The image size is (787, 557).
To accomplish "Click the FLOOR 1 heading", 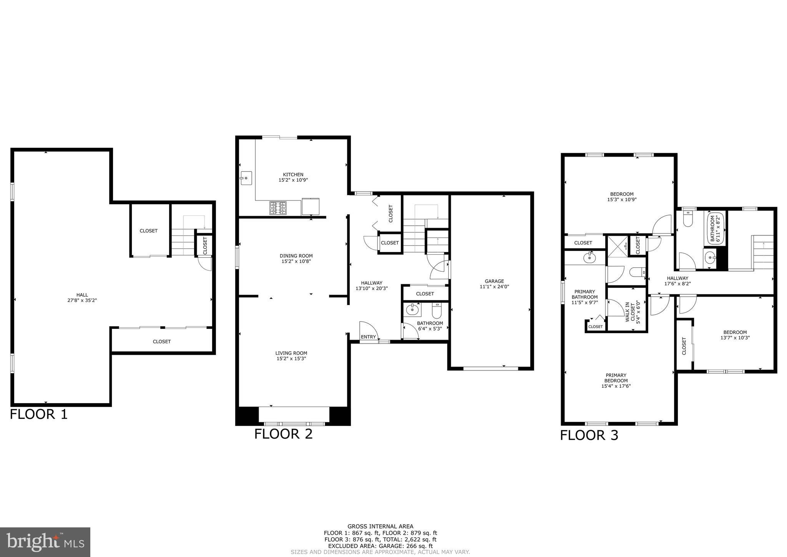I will [x=38, y=414].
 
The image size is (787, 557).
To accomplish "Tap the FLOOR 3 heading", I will [x=589, y=435].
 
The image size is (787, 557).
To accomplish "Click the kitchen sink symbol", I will [x=246, y=178].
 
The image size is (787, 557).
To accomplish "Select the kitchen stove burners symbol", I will [x=278, y=208].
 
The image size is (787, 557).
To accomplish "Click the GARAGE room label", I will [x=494, y=281].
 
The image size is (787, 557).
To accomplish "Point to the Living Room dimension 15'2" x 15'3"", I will [x=291, y=359].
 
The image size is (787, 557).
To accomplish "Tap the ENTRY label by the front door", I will [x=368, y=337].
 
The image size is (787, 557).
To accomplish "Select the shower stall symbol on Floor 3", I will [x=617, y=247].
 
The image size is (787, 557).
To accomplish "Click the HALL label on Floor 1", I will [x=82, y=295].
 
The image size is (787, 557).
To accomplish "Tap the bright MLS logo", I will [x=45, y=542].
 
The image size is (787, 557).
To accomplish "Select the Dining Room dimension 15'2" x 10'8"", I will [x=296, y=261].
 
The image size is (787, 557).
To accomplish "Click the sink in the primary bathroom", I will [x=589, y=258].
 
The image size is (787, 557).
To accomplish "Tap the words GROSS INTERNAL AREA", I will [x=380, y=526].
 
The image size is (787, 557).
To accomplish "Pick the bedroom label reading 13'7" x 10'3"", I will [x=735, y=338].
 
